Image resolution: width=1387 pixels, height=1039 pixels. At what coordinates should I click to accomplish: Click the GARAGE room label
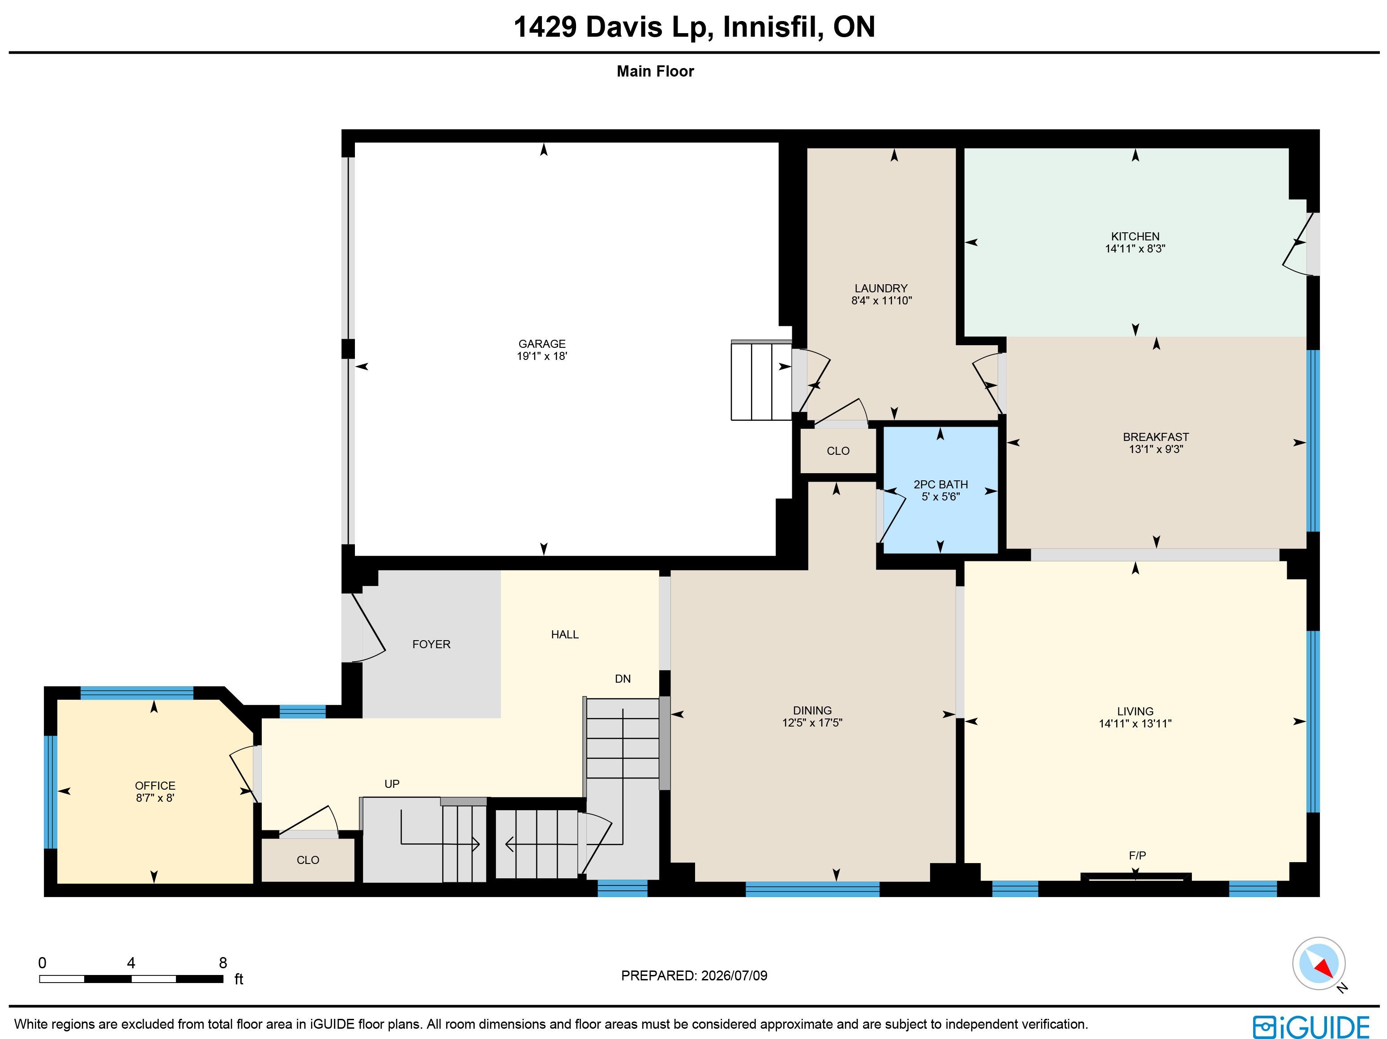[x=542, y=344]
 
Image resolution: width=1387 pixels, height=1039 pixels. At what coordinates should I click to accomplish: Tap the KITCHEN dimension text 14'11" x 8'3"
[x=1135, y=248]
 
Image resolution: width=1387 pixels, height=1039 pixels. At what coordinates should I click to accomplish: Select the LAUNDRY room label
[x=881, y=288]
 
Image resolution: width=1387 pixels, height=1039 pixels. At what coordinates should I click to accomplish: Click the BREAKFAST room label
[x=1156, y=437]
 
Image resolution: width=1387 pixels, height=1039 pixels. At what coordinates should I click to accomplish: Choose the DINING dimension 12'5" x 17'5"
[x=812, y=723]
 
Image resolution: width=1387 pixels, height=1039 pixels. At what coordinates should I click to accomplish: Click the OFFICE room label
[x=155, y=786]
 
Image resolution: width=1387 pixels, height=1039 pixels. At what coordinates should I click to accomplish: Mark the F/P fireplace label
[x=1137, y=855]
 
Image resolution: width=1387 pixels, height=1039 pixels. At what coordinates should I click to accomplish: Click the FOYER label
[x=431, y=644]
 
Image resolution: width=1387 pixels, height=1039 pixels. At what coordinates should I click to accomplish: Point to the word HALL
[x=565, y=635]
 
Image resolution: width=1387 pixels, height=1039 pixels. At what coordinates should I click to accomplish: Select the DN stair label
[x=623, y=679]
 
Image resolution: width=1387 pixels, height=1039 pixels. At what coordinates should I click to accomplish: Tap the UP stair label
[x=392, y=784]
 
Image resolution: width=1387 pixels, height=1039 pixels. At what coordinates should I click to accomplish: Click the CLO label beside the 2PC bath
[x=838, y=451]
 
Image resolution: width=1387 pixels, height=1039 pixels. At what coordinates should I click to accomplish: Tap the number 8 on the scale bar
[x=222, y=962]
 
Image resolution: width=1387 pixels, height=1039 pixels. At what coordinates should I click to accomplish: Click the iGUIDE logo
[x=1311, y=1027]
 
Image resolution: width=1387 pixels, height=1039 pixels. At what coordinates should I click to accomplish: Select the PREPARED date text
[x=694, y=976]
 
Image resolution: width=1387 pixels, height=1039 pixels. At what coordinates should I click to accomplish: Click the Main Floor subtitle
[x=655, y=72]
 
